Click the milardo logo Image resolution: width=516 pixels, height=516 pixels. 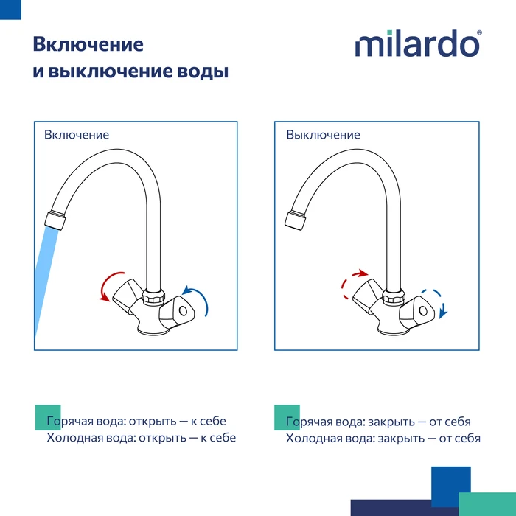pos(417,43)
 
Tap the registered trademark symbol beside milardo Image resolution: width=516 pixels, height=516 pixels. pos(479,32)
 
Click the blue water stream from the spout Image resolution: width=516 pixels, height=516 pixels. pos(46,279)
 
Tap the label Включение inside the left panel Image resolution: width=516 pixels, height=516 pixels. pos(77,135)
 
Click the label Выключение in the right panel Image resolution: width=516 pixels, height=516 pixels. pos(323,135)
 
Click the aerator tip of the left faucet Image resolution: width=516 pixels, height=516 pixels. pos(55,220)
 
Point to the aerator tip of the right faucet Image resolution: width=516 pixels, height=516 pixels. pos(295,220)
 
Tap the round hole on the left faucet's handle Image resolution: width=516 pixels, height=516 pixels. pos(183,310)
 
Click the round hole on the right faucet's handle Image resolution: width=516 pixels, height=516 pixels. pos(423,310)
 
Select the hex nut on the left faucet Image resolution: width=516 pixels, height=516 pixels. pos(153,296)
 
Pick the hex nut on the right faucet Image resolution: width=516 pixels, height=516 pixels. pos(394,296)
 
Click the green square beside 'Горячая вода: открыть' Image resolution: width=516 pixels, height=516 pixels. pos(48,417)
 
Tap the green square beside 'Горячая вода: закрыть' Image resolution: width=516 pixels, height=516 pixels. pos(287,417)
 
